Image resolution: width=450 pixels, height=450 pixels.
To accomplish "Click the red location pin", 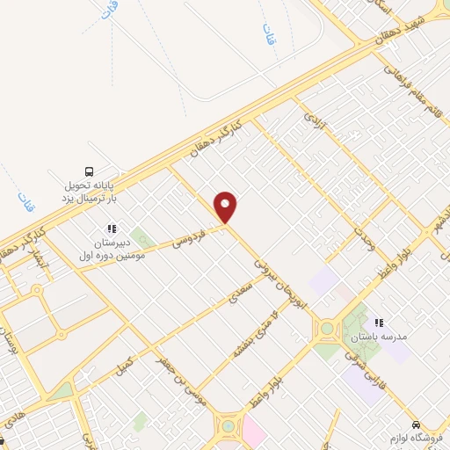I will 226,207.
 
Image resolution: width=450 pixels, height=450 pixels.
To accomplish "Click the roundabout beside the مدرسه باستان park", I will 327,330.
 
